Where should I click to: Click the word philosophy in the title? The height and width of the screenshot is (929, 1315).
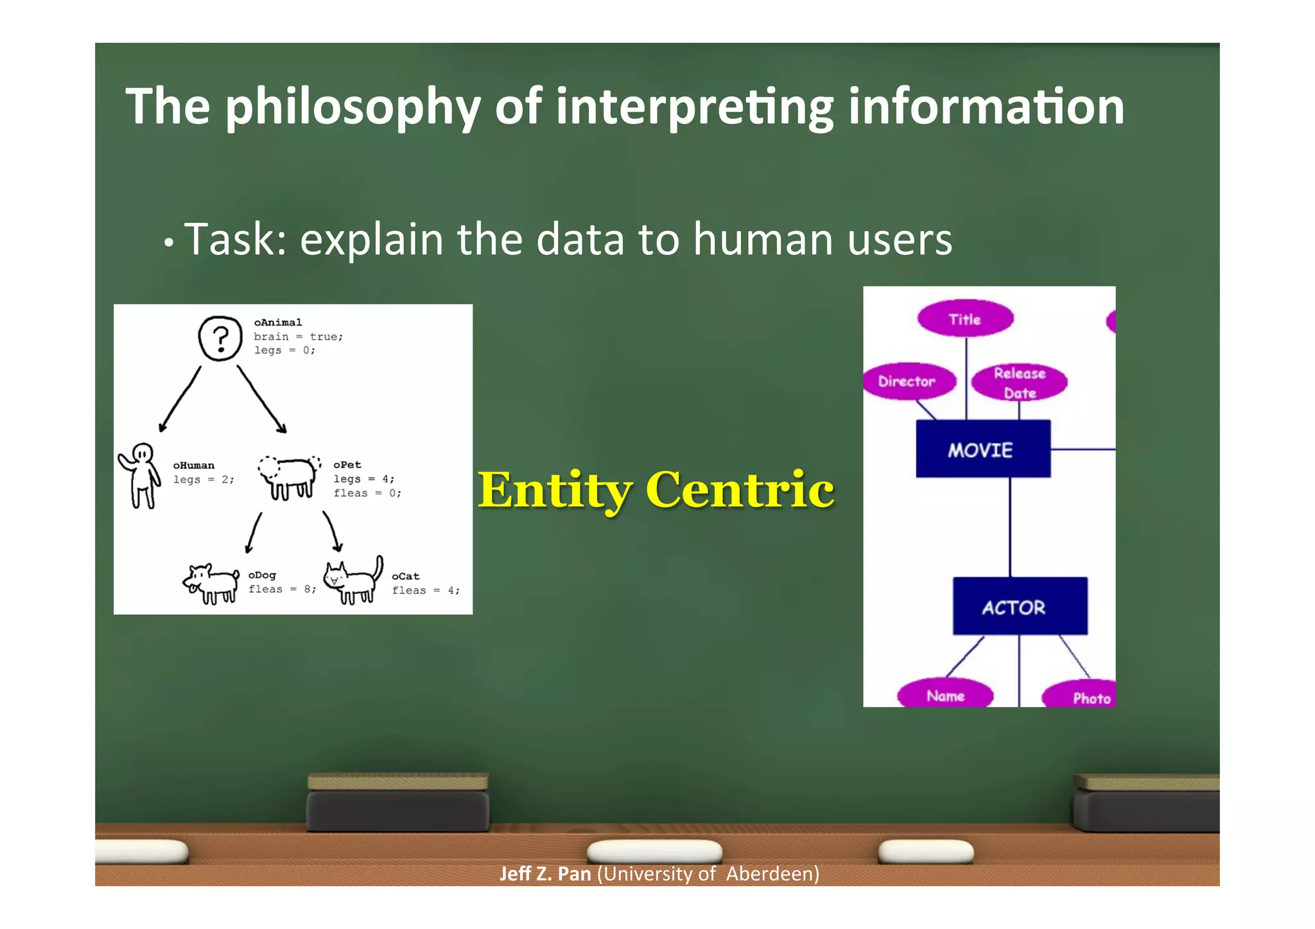tap(352, 108)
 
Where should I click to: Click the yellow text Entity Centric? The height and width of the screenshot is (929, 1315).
tap(656, 491)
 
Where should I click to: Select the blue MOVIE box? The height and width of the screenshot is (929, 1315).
tap(982, 449)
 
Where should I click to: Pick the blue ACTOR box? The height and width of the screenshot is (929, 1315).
tap(1019, 607)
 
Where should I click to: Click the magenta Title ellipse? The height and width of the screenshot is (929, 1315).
tap(964, 319)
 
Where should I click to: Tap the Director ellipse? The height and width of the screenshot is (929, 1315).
tap(907, 381)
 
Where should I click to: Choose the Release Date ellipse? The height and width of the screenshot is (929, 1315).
tap(1019, 383)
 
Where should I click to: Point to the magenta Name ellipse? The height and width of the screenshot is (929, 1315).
tap(945, 695)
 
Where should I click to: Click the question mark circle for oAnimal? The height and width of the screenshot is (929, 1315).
tap(220, 338)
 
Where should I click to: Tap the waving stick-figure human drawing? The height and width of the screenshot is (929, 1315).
tap(139, 475)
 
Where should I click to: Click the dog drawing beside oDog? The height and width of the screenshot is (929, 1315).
tap(211, 584)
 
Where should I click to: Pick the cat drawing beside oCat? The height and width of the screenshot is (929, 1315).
tap(353, 581)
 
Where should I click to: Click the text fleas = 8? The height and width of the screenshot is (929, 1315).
tap(282, 589)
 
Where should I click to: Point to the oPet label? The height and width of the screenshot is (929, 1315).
tap(347, 465)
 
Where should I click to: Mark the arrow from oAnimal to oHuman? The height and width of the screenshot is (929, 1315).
tap(180, 399)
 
